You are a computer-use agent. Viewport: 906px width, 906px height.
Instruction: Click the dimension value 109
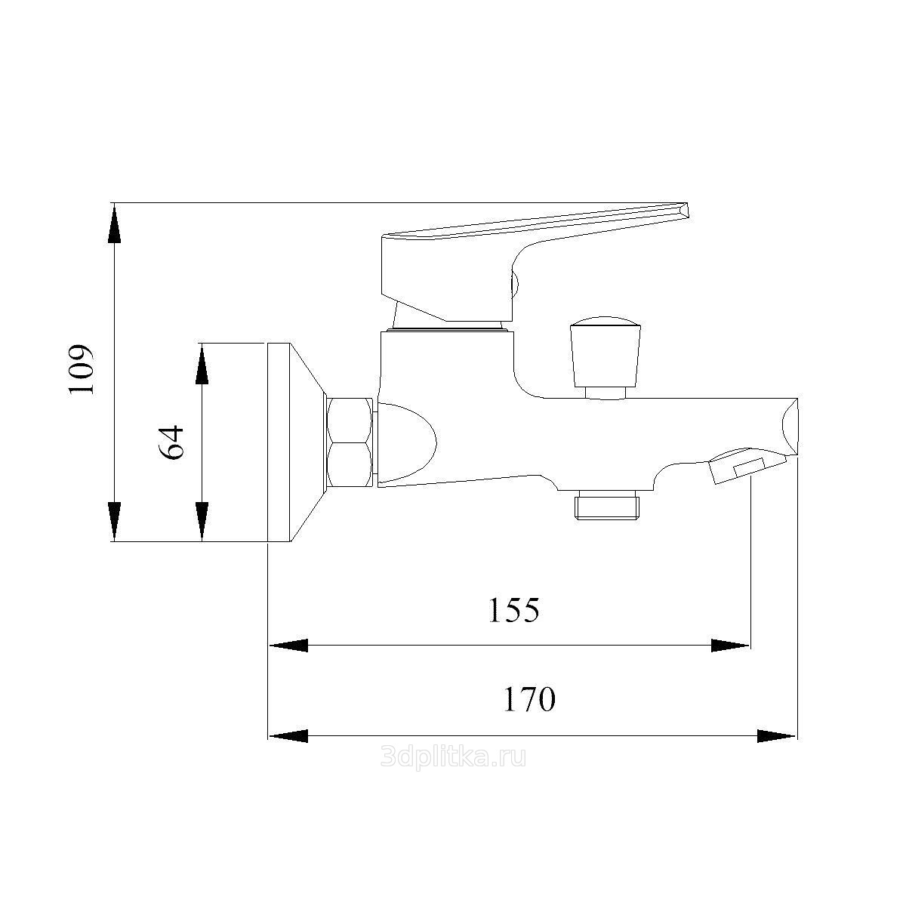tap(81, 370)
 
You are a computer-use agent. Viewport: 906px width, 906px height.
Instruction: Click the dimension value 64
tap(170, 442)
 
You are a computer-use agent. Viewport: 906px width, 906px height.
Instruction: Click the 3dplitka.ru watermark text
tap(453, 757)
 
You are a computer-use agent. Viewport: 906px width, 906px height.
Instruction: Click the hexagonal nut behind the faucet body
tap(350, 442)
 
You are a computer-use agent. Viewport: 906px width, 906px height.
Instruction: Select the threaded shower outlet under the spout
tap(606, 504)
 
